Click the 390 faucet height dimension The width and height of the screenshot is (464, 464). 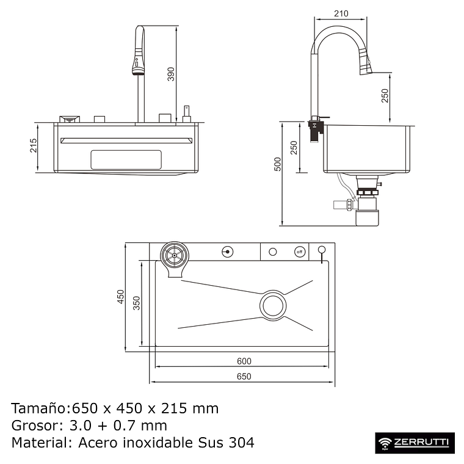[172, 74]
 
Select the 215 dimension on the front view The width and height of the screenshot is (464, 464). [34, 145]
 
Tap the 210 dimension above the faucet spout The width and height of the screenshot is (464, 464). [342, 13]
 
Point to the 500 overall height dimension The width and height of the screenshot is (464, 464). [278, 164]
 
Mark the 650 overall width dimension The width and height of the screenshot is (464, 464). [243, 377]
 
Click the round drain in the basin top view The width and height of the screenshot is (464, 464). [273, 305]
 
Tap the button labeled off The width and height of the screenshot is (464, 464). [299, 252]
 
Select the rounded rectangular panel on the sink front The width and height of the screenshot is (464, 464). [126, 159]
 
